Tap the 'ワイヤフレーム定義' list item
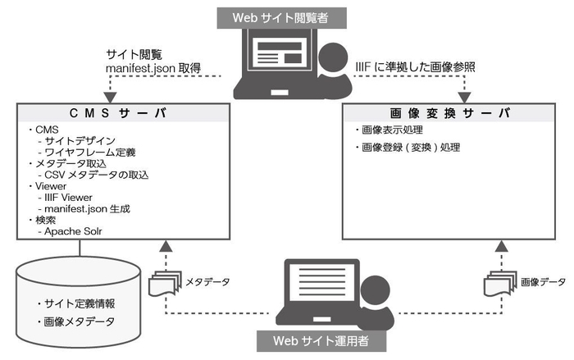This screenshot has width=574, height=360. click(x=89, y=153)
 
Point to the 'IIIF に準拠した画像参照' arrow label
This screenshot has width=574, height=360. click(x=415, y=66)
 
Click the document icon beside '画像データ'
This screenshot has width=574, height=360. click(x=499, y=283)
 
